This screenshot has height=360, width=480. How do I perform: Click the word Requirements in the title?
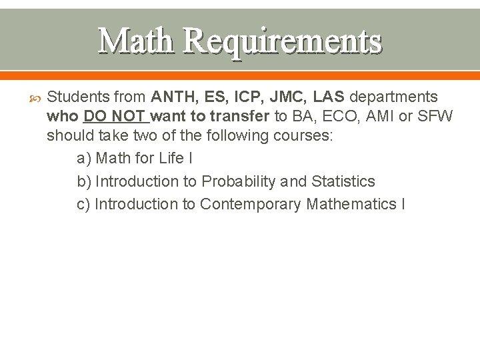[x=282, y=41]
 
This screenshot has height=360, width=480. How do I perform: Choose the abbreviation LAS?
[x=328, y=97]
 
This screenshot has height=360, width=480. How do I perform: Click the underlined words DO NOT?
[x=115, y=117]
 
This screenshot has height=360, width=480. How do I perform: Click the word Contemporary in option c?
[x=251, y=204]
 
